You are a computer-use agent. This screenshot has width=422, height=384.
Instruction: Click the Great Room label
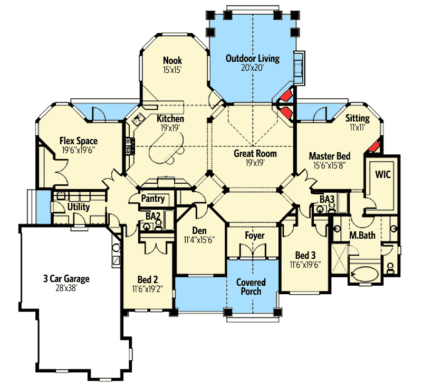pyautogui.click(x=255, y=154)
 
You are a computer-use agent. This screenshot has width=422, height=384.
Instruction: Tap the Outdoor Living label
pyautogui.click(x=252, y=58)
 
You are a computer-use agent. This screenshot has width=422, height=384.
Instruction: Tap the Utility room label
pyautogui.click(x=78, y=207)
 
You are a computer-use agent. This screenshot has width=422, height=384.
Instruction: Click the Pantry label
pyautogui.click(x=154, y=199)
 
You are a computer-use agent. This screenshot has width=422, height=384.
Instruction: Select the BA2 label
pyautogui.click(x=153, y=215)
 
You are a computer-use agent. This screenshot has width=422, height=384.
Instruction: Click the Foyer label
pyautogui.click(x=255, y=236)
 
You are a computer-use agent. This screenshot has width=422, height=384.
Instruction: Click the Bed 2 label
pyautogui.click(x=146, y=279)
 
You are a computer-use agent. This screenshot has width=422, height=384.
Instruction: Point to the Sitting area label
pyautogui.click(x=358, y=118)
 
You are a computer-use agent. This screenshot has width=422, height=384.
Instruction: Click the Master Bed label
pyautogui.click(x=330, y=156)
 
